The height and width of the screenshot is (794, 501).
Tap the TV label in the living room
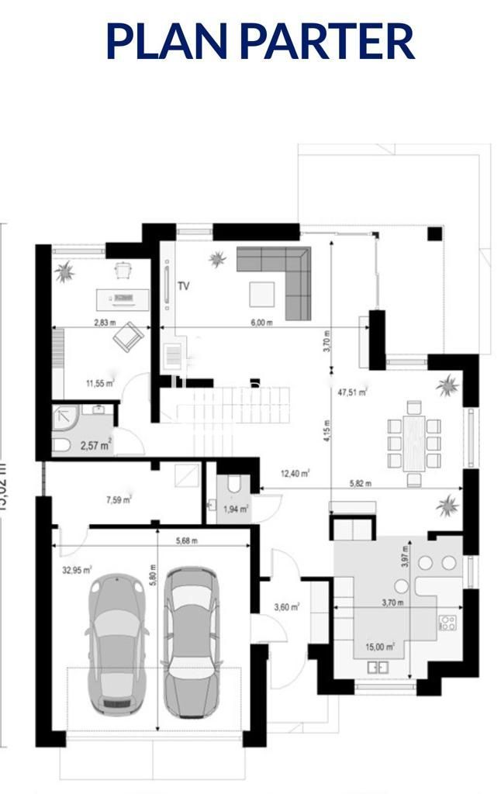pyautogui.click(x=184, y=286)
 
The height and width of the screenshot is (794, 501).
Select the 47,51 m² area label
pyautogui.click(x=352, y=392)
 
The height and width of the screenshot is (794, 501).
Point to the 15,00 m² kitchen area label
pyautogui.click(x=380, y=646)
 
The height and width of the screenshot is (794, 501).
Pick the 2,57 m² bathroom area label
pyautogui.click(x=96, y=444)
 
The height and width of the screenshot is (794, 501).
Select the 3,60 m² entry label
pyautogui.click(x=286, y=606)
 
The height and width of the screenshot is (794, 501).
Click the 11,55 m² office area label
pyautogui.click(x=99, y=382)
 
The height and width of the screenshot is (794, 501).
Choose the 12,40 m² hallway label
pyautogui.click(x=295, y=473)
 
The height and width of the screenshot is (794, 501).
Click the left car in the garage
pyautogui.click(x=116, y=643)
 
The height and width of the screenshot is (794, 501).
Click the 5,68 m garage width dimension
pyautogui.click(x=185, y=540)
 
